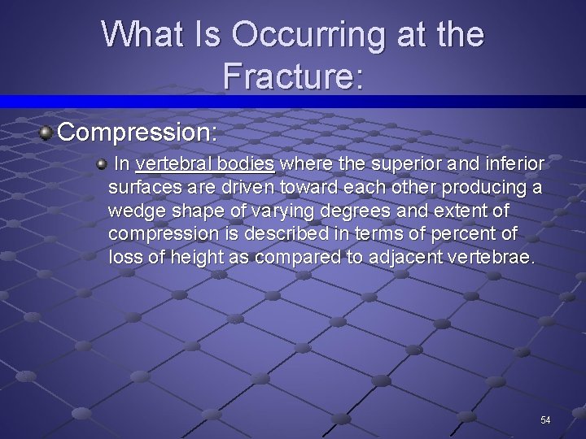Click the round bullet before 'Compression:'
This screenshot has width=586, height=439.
[x=46, y=131]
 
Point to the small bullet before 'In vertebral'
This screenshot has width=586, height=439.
[x=102, y=164]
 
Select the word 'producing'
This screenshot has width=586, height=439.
[x=483, y=188]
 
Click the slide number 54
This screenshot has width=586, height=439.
[x=545, y=420]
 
